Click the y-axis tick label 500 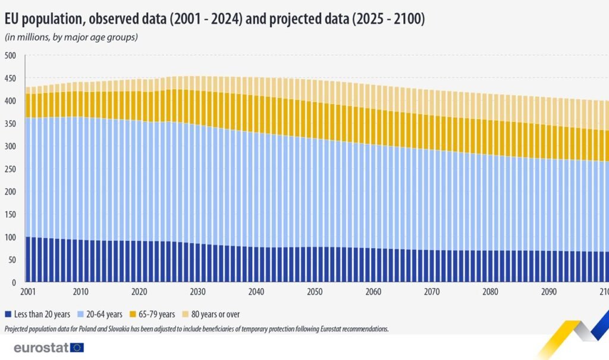click(x=11, y=56)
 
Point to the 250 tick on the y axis click(x=11, y=146)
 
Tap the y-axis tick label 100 click(x=11, y=237)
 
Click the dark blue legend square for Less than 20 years click(x=8, y=314)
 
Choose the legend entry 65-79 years click(x=155, y=314)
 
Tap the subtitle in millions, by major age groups click(x=71, y=37)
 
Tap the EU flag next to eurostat click(x=77, y=348)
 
